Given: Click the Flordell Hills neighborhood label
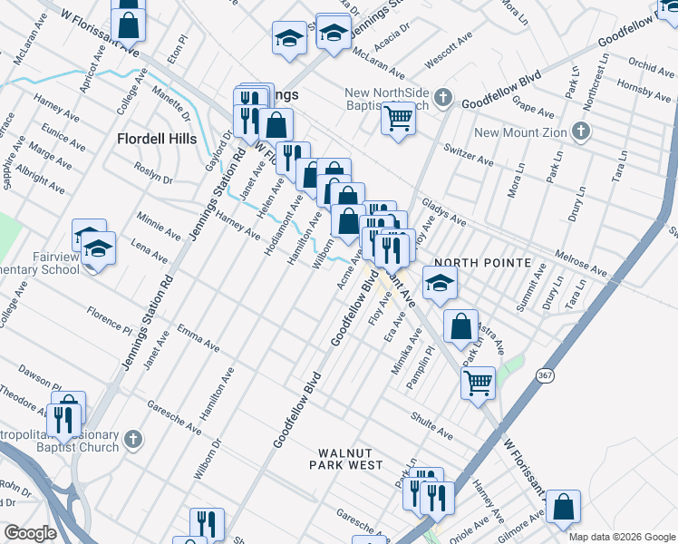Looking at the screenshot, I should click(x=157, y=139).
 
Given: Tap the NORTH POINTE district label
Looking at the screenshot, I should click(x=481, y=262).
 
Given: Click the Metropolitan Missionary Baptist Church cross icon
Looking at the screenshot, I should click(x=133, y=439).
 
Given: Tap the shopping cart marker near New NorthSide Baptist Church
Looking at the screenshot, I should click(x=399, y=119).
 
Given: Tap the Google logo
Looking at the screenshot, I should click(x=30, y=533).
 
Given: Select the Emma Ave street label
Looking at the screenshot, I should click(x=199, y=338).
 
